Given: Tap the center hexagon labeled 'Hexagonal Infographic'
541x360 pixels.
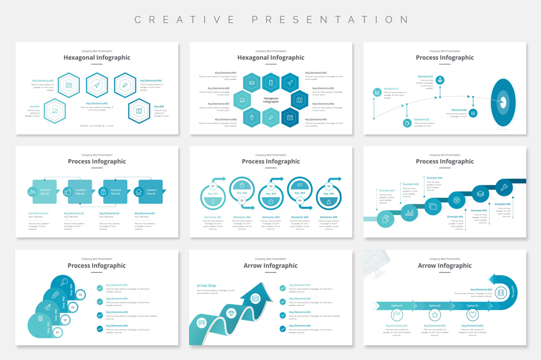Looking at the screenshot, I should (x=271, y=100).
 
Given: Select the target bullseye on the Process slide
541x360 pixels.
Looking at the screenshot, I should (x=503, y=102).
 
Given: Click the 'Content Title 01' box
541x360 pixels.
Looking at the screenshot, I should (x=45, y=192).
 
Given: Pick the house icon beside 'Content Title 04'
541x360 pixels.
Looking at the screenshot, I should (x=139, y=192).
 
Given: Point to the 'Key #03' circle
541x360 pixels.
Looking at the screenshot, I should (x=270, y=197).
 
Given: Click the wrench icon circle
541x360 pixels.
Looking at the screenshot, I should (x=504, y=188).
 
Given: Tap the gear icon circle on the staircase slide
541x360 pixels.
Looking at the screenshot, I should (x=456, y=200).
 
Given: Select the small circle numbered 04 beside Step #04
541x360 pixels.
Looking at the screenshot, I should (x=80, y=295).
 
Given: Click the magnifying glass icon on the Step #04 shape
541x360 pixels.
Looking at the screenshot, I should (x=64, y=282).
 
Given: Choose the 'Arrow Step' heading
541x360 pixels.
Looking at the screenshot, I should (x=206, y=286).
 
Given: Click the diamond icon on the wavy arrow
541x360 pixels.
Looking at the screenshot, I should (x=231, y=313).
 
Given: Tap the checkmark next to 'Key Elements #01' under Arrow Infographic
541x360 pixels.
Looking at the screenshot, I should (x=283, y=288).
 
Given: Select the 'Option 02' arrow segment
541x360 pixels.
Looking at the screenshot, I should (x=435, y=306).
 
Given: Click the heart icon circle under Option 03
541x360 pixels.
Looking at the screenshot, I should (x=472, y=315).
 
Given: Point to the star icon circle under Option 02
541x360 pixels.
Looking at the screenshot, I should (x=435, y=315).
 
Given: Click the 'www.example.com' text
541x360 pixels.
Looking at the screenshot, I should (x=97, y=126).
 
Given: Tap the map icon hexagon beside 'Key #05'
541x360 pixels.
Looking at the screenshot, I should (x=139, y=111).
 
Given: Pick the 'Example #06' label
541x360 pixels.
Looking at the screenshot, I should (x=502, y=204).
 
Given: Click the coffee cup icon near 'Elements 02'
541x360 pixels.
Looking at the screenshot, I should (x=407, y=123).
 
